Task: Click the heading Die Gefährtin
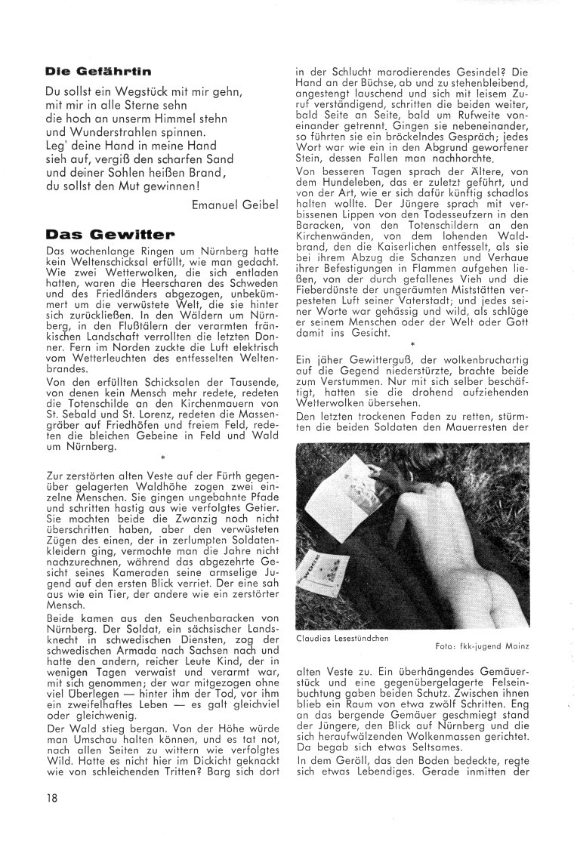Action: click(x=97, y=72)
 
